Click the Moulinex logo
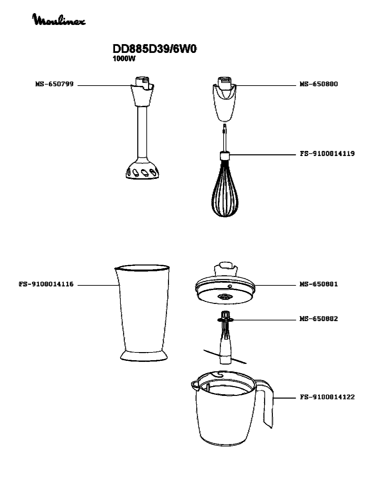[x=59, y=20]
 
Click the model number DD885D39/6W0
[x=154, y=49]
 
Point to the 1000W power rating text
[x=124, y=59]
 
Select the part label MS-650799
[x=54, y=84]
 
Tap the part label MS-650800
[x=318, y=84]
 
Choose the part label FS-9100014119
[x=327, y=154]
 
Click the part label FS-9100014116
[x=46, y=284]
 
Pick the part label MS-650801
[x=318, y=284]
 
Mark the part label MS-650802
[x=318, y=319]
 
